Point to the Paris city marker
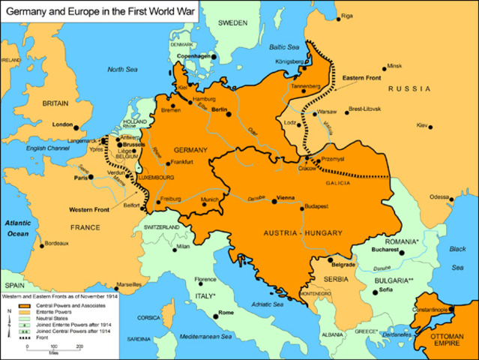[x=89, y=178]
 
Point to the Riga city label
[x=367, y=16]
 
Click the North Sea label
[x=123, y=69]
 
